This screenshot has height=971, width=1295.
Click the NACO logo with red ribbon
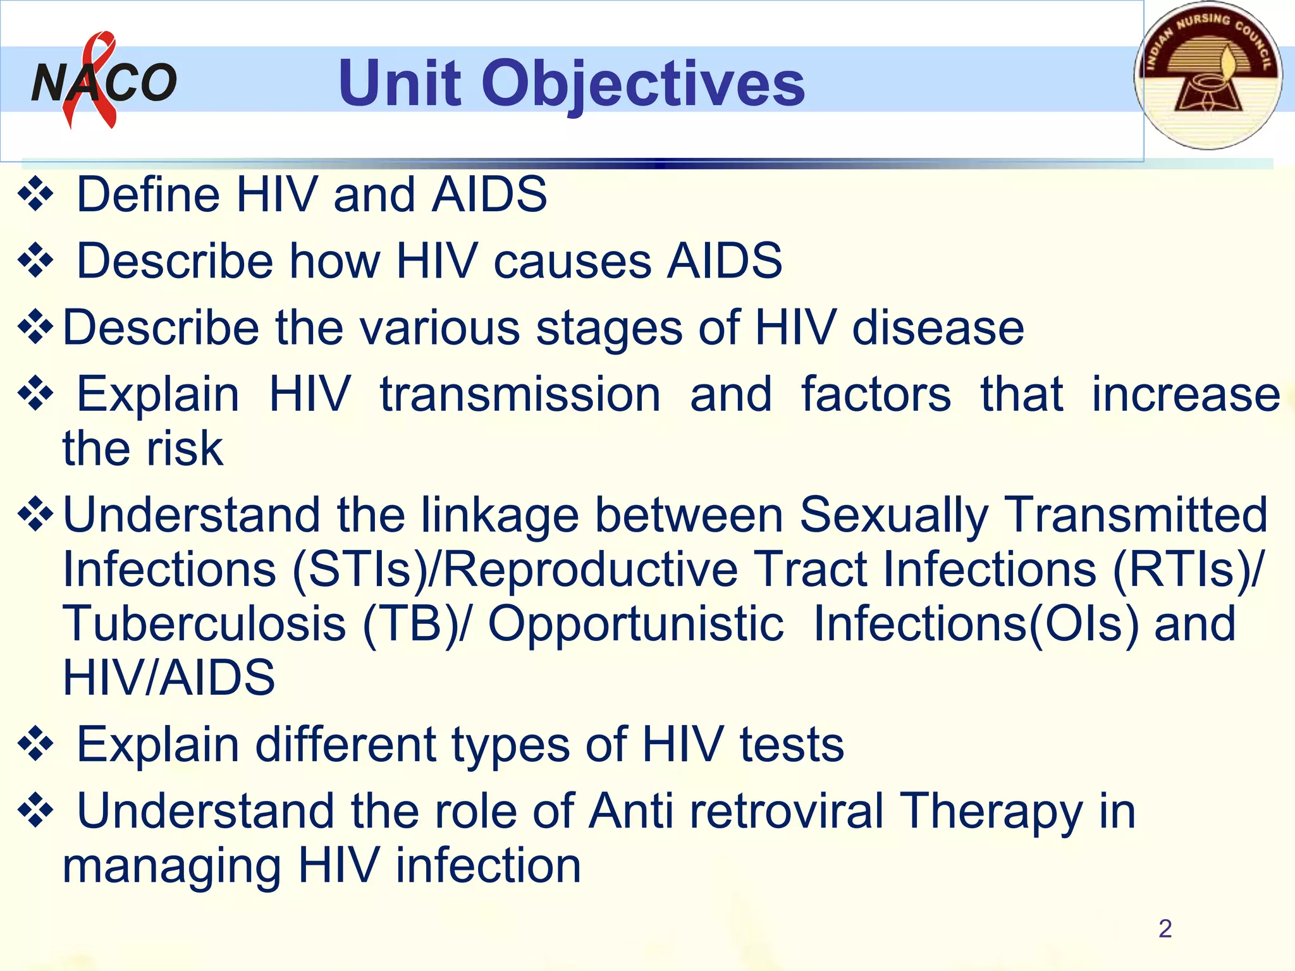(x=103, y=81)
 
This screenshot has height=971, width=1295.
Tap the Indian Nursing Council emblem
(x=1208, y=76)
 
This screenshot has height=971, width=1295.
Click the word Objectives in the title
(x=643, y=83)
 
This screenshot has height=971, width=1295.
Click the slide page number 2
(x=1165, y=929)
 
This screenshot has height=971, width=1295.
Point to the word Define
(x=149, y=194)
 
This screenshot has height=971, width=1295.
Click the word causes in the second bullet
(x=572, y=261)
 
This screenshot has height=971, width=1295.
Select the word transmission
(x=520, y=394)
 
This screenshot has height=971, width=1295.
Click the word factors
(x=876, y=394)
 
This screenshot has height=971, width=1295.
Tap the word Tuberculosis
(x=204, y=624)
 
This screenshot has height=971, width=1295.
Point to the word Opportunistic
(x=635, y=624)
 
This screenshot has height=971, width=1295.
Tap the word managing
(x=171, y=866)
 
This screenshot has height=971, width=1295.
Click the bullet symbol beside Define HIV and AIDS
(x=35, y=195)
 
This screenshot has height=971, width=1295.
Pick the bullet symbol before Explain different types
(x=35, y=745)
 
